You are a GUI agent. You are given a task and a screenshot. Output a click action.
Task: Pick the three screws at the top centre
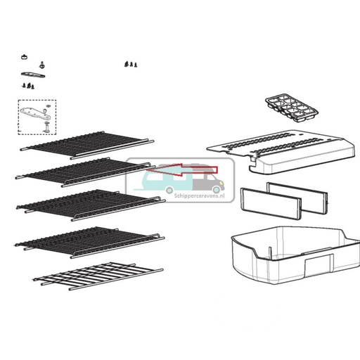pos(129,64)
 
